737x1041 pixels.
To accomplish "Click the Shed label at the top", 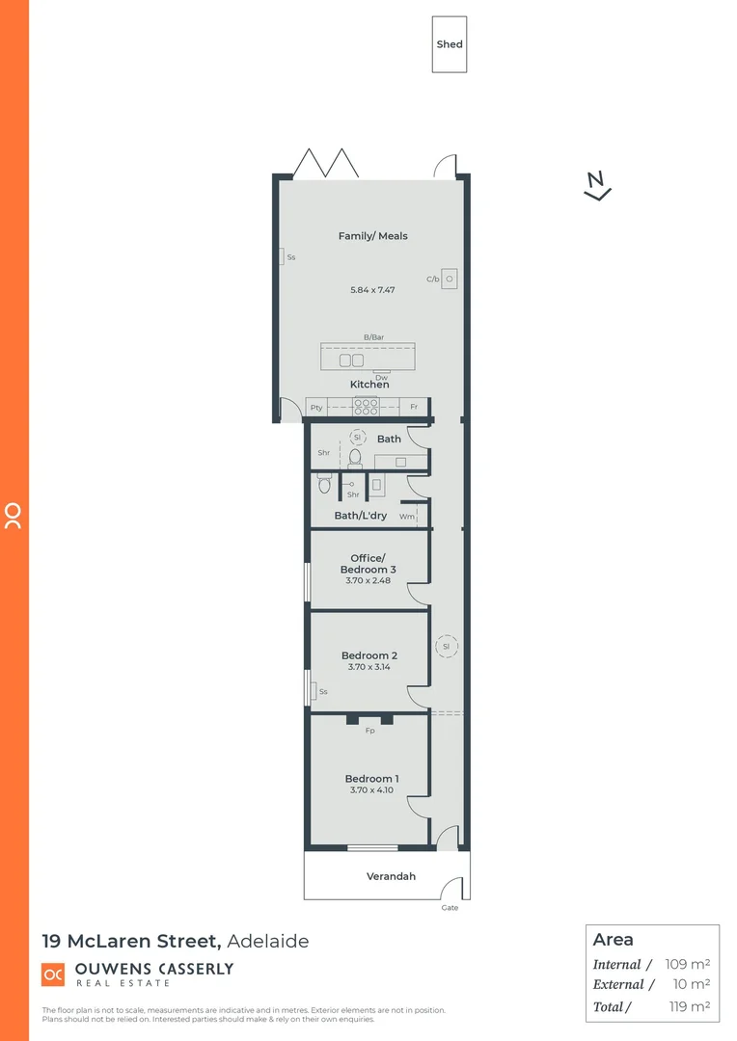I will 450,44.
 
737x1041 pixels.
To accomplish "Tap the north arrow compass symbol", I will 598,185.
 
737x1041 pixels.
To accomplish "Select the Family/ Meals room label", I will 372,236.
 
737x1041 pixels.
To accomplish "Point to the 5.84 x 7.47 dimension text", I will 372,289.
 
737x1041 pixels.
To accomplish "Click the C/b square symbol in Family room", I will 449,279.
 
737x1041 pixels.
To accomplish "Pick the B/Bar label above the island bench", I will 373,336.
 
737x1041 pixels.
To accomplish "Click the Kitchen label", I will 369,385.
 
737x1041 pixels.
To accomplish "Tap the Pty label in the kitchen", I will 316,407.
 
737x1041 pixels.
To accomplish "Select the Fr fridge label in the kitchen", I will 414,407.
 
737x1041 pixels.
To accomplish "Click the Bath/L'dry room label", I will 361,516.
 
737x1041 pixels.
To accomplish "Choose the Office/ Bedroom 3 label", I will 368,564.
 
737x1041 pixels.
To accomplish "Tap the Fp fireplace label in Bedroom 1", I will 368,731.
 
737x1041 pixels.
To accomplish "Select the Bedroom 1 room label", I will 371,779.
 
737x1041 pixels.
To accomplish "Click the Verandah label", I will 391,876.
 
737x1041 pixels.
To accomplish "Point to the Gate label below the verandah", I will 450,908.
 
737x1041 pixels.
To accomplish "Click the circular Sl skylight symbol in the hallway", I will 447,646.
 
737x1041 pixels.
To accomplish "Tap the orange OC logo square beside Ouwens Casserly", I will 53,974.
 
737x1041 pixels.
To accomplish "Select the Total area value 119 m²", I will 688,1007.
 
